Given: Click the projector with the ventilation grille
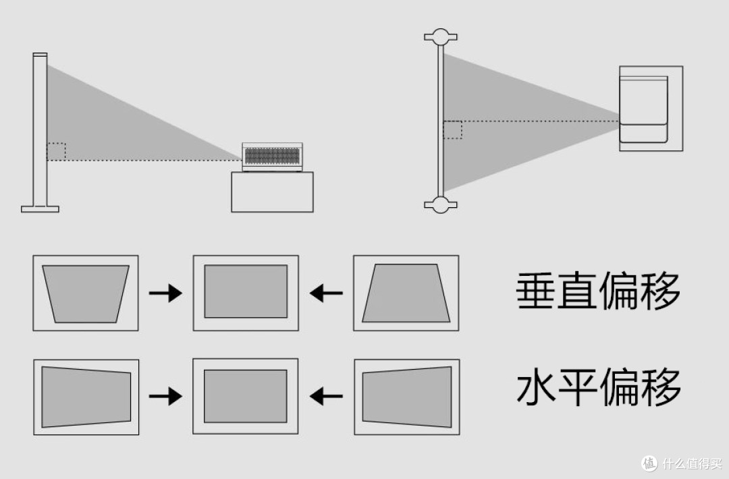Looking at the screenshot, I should tap(272, 157).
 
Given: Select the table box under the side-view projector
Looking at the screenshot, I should tap(272, 192).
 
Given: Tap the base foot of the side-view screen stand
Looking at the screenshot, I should tap(40, 208).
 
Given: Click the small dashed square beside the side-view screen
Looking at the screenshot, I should tap(56, 151).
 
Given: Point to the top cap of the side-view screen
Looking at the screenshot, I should tap(40, 54).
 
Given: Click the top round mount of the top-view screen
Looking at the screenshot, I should tap(440, 36).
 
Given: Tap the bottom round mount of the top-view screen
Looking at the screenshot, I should tap(440, 204).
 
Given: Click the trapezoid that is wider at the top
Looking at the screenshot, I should tap(86, 293).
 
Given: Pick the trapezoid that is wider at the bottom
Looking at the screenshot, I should tap(406, 293).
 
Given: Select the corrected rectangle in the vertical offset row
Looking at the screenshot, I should tap(246, 291).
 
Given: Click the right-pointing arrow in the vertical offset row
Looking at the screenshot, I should tap(165, 293).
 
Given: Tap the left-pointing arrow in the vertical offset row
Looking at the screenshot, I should tap(326, 293).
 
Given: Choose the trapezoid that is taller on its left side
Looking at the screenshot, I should tap(86, 397).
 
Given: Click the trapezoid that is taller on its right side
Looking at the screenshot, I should tap(407, 397).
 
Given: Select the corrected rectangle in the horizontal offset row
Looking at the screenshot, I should tap(246, 396).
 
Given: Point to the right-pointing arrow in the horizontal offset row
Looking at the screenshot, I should tap(165, 397).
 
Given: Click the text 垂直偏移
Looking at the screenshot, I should tap(598, 292).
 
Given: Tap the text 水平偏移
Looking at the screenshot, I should tap(598, 387).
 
